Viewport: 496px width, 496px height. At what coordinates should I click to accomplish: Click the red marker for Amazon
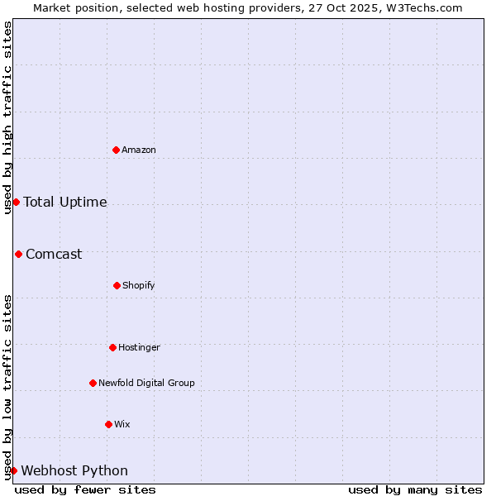tap(116, 150)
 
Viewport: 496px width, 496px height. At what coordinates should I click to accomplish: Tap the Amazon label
tap(139, 150)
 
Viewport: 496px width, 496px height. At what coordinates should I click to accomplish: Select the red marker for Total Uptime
tap(16, 202)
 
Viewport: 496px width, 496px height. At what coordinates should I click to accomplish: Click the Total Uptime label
tap(65, 202)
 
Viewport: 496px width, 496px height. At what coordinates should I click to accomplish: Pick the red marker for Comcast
tap(18, 254)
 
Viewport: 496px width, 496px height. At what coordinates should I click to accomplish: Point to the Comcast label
tap(54, 254)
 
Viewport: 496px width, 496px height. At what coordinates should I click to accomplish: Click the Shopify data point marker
tap(117, 285)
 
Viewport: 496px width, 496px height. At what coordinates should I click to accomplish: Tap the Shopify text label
tap(139, 285)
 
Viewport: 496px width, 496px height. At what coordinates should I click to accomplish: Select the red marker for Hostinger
tap(112, 347)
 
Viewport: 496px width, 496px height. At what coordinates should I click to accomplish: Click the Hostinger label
tap(139, 347)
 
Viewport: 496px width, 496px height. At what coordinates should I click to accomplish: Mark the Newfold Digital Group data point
tap(93, 383)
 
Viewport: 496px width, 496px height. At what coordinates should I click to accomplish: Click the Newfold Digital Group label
tap(146, 383)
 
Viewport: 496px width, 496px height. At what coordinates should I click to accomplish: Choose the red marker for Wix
tap(108, 424)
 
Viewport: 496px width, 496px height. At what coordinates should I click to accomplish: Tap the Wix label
tap(122, 424)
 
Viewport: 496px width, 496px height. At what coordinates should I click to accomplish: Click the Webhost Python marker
tap(13, 470)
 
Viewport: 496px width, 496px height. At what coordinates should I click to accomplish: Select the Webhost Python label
tap(74, 470)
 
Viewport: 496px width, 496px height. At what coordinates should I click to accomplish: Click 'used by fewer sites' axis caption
tap(85, 489)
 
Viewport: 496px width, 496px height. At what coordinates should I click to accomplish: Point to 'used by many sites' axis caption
tap(415, 489)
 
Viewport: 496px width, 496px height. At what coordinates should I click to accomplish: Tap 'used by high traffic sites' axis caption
tap(7, 117)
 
